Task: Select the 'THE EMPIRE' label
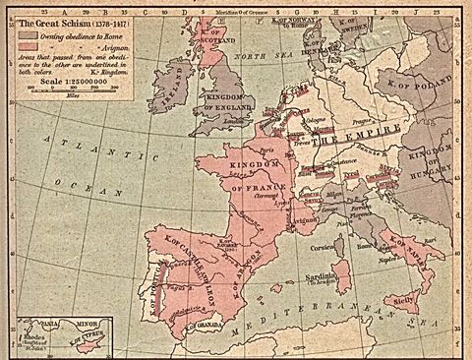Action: point(355,141)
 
